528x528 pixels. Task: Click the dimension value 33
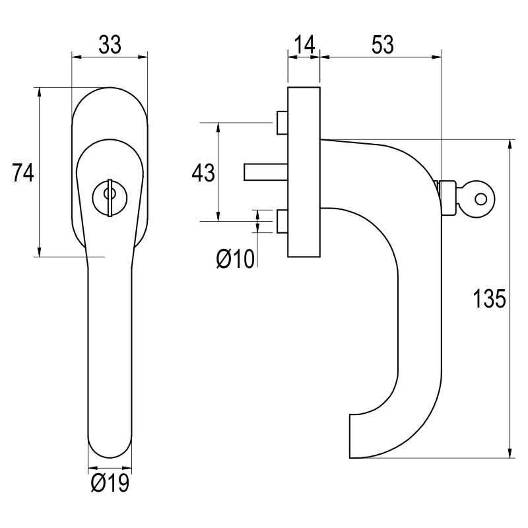[x=110, y=45]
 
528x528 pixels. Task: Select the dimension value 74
[x=23, y=173]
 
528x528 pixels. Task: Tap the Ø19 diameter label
[x=109, y=484]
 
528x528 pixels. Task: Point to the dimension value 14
[x=304, y=45]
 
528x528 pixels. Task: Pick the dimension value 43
[x=203, y=173]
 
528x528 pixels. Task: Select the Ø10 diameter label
[x=235, y=259]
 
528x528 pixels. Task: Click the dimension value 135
[x=490, y=299]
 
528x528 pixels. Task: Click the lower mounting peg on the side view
[x=282, y=221]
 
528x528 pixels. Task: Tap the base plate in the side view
[x=304, y=171]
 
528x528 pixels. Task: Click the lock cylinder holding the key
[x=449, y=197]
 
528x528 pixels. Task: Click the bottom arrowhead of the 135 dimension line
[x=510, y=452]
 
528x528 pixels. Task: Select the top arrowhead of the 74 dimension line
[x=40, y=92]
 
